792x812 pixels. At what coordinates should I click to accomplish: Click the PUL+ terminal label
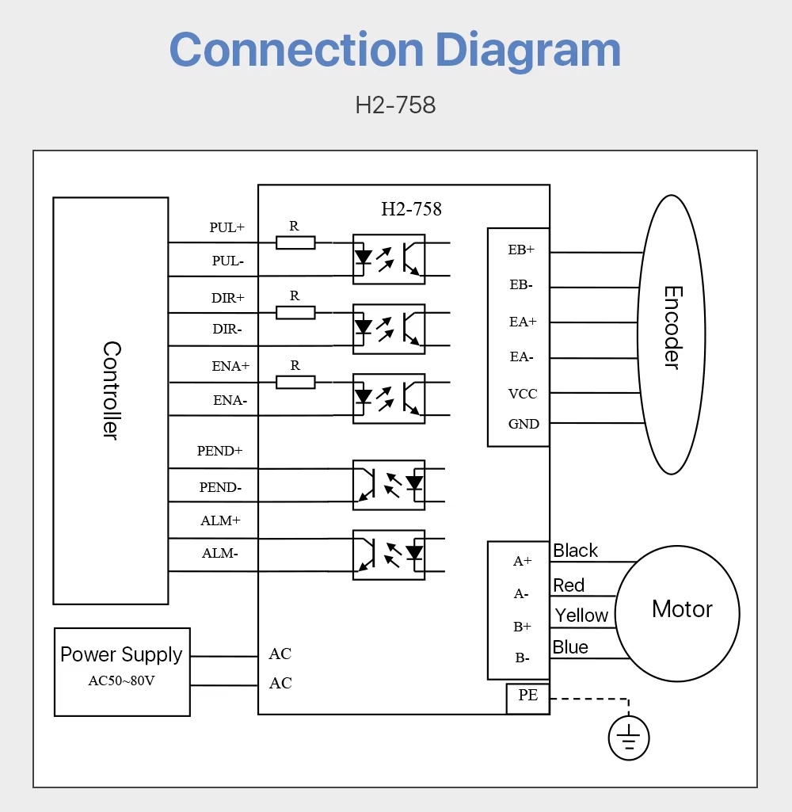(227, 227)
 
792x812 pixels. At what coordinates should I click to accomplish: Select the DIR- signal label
(227, 329)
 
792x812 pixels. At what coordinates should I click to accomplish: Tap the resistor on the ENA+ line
(295, 382)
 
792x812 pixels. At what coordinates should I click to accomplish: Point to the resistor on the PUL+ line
(295, 242)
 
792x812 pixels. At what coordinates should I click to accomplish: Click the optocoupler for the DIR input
(389, 329)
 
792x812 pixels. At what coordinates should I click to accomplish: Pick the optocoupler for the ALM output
(389, 555)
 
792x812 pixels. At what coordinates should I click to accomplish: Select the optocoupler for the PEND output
(389, 485)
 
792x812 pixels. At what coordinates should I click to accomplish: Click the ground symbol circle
(629, 739)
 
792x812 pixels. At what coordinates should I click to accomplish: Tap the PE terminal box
(528, 697)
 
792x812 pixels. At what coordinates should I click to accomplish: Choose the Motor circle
(678, 613)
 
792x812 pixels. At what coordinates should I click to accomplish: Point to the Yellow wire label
(581, 616)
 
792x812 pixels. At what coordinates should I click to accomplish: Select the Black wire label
(576, 551)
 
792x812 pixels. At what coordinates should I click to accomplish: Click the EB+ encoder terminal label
(521, 250)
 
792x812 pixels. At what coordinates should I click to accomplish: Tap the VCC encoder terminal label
(523, 394)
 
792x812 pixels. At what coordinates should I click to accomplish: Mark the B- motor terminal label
(522, 658)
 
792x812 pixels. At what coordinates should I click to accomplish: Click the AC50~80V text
(121, 680)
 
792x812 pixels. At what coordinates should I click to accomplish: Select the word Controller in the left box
(112, 390)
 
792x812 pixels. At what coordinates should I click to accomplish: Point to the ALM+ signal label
(220, 520)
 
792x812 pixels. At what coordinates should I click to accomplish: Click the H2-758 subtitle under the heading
(395, 105)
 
